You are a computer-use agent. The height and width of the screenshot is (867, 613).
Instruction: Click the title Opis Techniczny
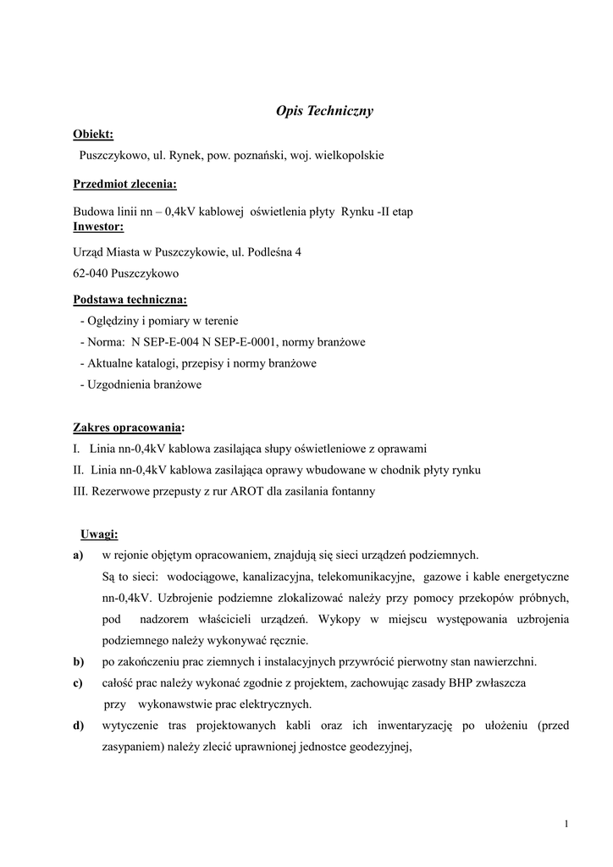325,110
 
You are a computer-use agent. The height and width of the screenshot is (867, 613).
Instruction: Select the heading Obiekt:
93,134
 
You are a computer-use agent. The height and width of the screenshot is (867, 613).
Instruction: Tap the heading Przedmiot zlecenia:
125,184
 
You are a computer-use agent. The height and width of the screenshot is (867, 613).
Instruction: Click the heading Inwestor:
98,227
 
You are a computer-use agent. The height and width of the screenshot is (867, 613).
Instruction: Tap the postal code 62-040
91,273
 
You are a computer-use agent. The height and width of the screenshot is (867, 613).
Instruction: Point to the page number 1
566,824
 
